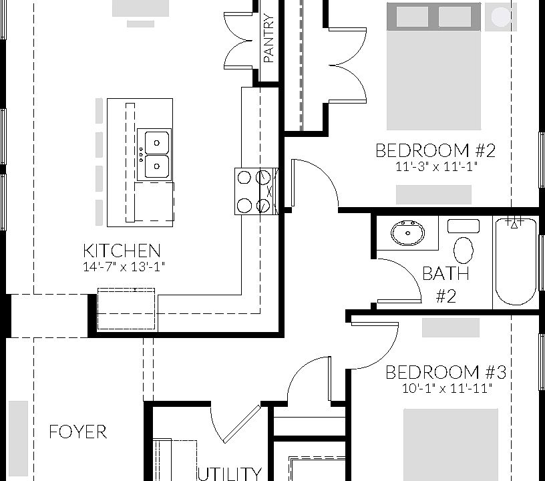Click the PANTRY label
269,38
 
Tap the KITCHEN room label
122,251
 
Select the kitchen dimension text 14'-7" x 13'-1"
124,267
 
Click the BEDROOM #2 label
435,150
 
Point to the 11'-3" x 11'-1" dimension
437,167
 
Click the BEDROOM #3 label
446,372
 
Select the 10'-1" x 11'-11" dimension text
447,388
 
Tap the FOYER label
78,432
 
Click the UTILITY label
229,474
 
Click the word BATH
445,273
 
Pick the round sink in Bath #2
407,232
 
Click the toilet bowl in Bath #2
464,251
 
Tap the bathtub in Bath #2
515,262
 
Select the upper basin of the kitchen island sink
157,142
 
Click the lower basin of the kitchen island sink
157,166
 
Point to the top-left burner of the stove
244,177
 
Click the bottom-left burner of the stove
244,205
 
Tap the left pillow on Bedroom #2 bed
412,16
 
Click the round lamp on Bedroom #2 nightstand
501,15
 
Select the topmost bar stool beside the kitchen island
99,110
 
